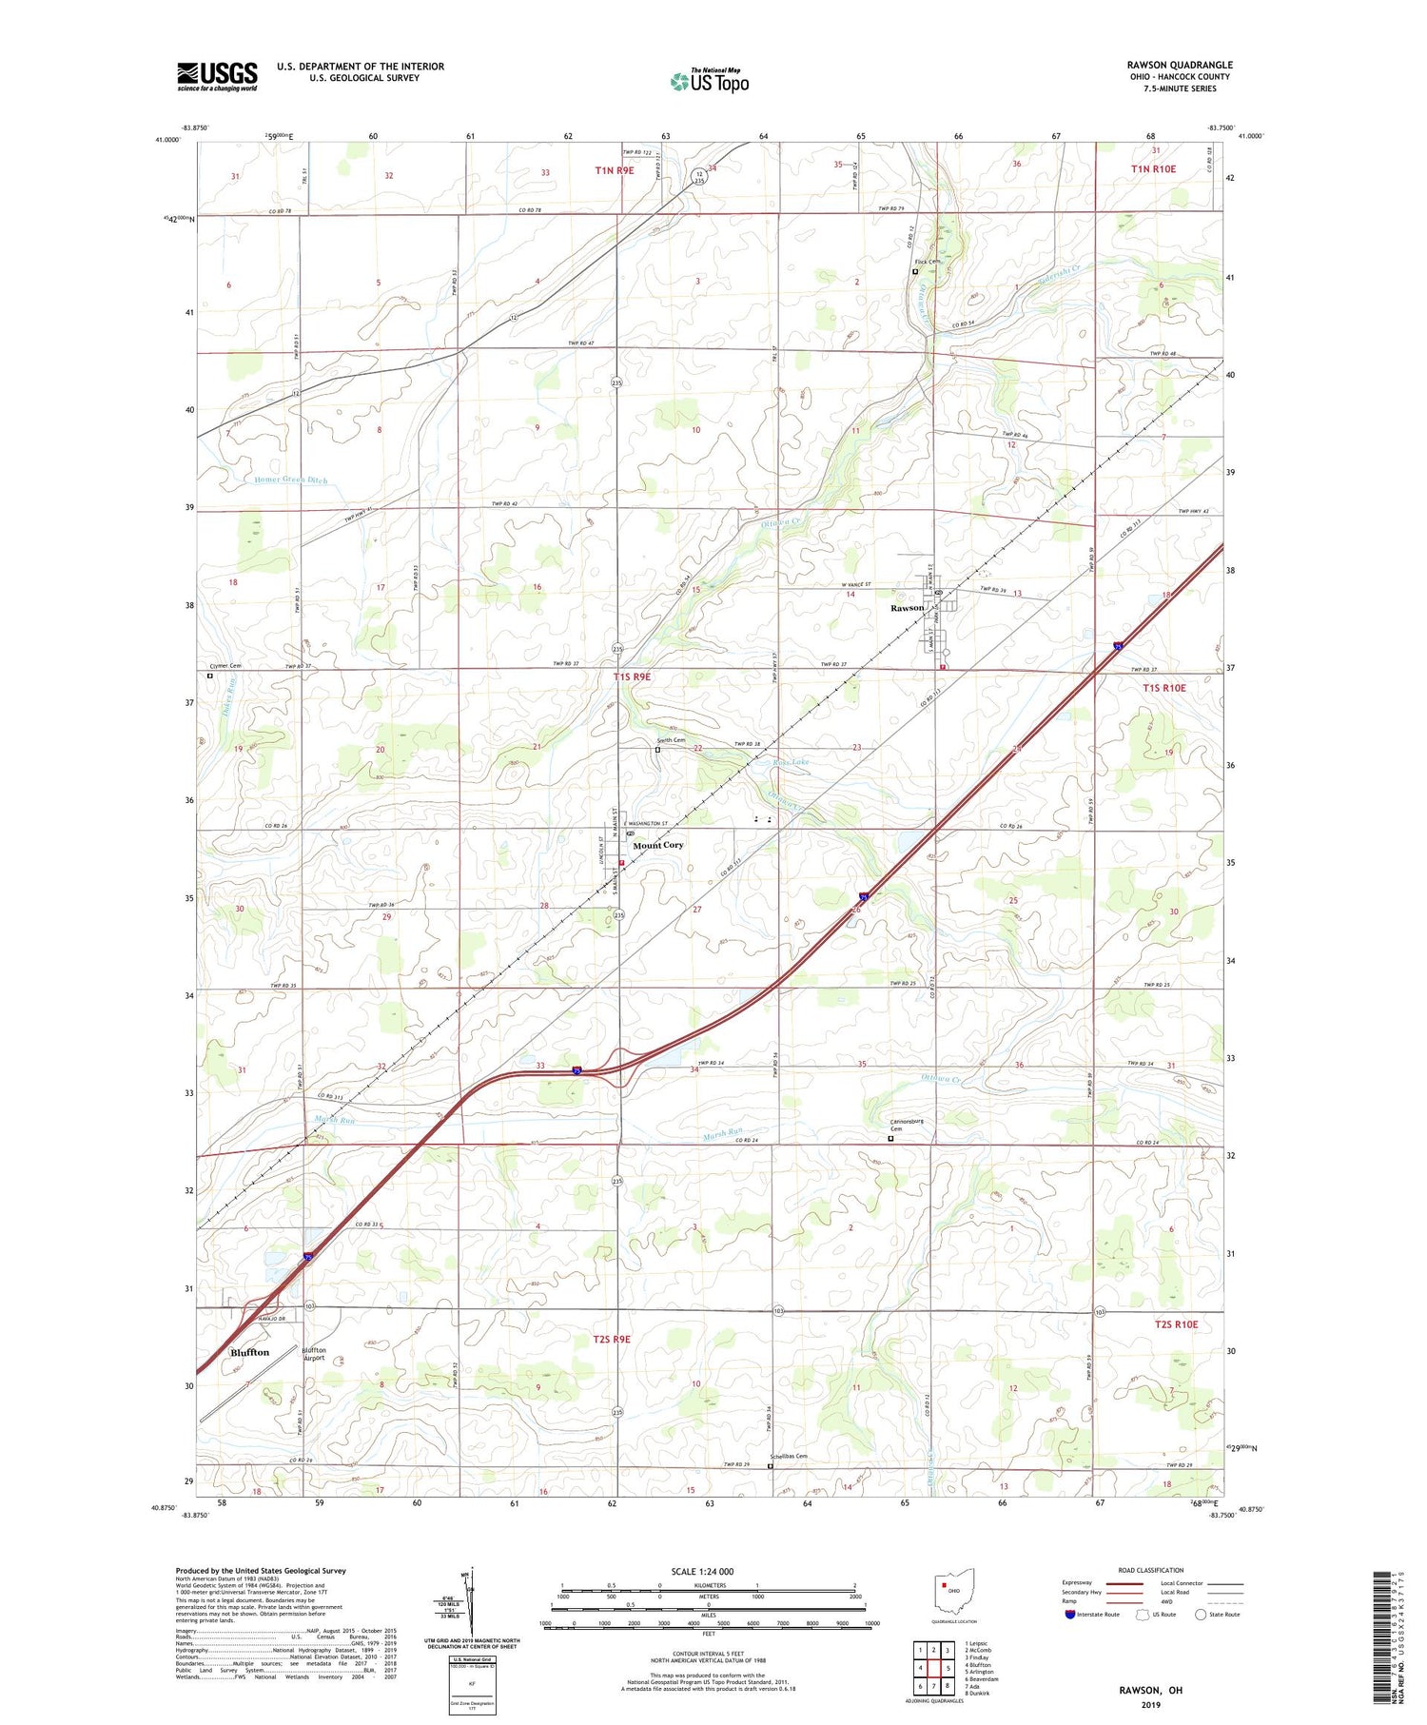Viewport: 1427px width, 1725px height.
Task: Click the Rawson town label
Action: [x=906, y=607]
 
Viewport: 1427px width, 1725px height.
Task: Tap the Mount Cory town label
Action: [x=657, y=845]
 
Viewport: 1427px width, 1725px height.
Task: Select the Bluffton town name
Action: [x=249, y=1352]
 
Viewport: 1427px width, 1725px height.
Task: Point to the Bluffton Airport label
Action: [x=314, y=1354]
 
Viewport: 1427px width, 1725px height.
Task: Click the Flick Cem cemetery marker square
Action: [x=915, y=271]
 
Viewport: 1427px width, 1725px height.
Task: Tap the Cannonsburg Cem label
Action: [x=907, y=1125]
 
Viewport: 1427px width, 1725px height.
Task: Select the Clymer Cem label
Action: [x=225, y=666]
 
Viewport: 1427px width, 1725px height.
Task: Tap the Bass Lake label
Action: [x=792, y=762]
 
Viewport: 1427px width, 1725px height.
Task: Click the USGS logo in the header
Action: [x=217, y=76]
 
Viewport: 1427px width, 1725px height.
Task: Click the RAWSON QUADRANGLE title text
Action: [x=1179, y=65]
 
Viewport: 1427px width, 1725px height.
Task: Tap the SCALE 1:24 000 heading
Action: [x=702, y=1571]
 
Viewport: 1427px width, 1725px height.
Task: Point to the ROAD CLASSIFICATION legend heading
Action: [x=1151, y=1570]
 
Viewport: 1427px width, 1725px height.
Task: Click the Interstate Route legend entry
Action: [x=1095, y=1615]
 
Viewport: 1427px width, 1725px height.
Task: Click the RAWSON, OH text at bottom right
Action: [x=1149, y=1690]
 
